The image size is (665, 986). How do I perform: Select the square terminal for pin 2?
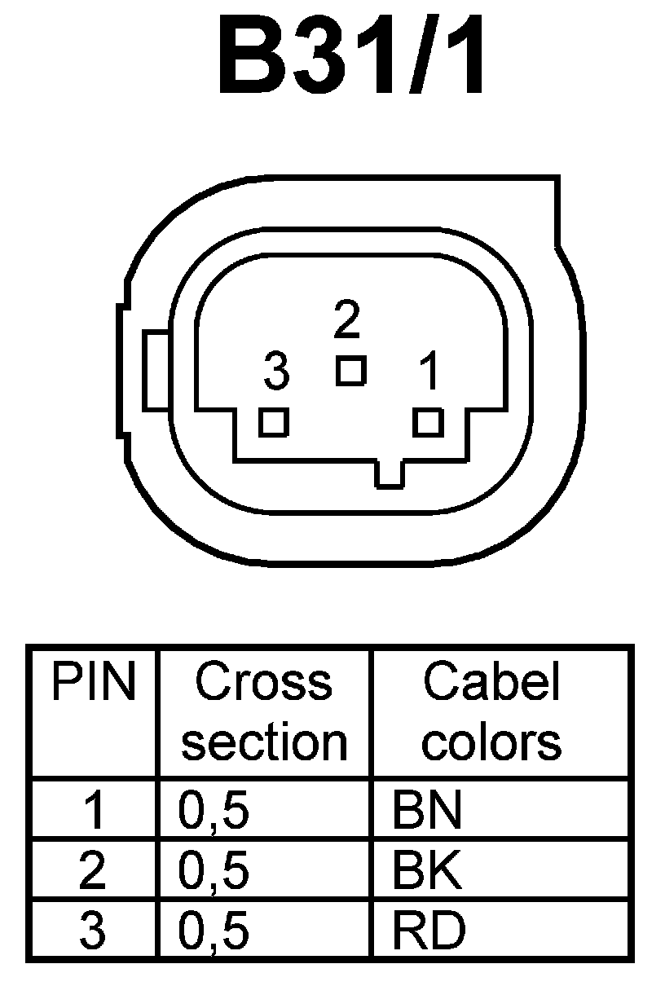[x=351, y=371]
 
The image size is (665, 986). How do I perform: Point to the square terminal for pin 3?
[x=274, y=422]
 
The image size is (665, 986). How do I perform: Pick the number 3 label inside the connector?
[x=277, y=373]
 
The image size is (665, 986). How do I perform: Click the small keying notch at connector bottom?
[x=390, y=474]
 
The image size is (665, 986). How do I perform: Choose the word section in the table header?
[x=264, y=742]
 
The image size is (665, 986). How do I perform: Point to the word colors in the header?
[x=491, y=742]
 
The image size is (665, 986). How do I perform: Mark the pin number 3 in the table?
[x=93, y=931]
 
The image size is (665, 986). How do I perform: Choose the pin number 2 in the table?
[x=93, y=871]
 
